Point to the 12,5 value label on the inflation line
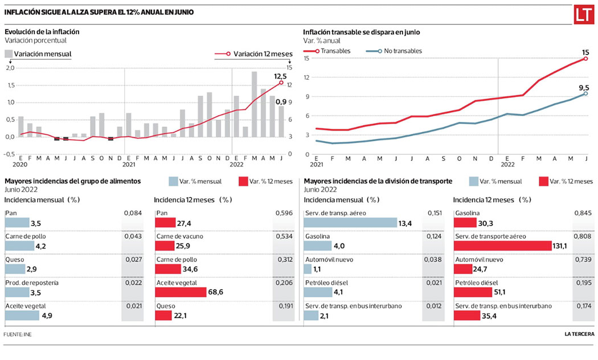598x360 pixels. tap(280, 76)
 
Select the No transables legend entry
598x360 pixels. tap(398, 51)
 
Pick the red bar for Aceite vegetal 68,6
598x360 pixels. tap(181, 292)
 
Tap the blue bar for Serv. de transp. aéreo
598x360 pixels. tap(350, 222)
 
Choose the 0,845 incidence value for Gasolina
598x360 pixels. tap(579, 213)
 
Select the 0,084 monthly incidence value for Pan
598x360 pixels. tap(132, 213)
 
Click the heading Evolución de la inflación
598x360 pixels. tap(42, 32)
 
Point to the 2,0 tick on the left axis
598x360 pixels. tap(9, 68)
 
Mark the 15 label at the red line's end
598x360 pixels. tap(585, 52)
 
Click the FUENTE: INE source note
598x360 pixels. tap(17, 334)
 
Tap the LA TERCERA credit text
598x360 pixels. tap(576, 334)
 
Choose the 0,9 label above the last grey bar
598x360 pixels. tap(281, 101)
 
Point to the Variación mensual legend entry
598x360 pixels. tap(38, 54)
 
